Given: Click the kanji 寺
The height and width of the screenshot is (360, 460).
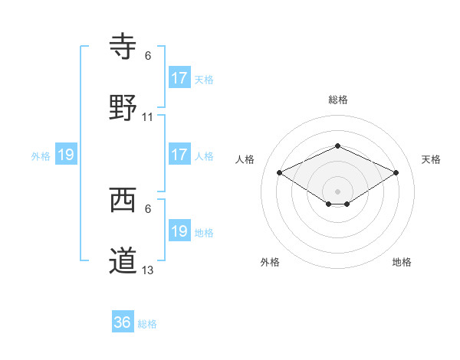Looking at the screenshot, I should pyautogui.click(x=123, y=47).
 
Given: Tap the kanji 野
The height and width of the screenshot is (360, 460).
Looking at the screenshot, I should pyautogui.click(x=123, y=107).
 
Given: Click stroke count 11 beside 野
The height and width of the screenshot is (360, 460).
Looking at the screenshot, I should pyautogui.click(x=148, y=117).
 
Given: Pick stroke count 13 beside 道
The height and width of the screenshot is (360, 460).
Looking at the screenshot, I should pyautogui.click(x=148, y=270).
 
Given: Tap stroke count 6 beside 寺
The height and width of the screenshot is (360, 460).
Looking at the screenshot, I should pyautogui.click(x=148, y=56).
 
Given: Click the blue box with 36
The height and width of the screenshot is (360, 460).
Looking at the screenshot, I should pyautogui.click(x=123, y=322).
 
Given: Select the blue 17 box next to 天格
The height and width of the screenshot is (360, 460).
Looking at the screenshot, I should pyautogui.click(x=179, y=78).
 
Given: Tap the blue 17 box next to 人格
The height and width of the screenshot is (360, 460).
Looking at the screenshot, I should pyautogui.click(x=179, y=155).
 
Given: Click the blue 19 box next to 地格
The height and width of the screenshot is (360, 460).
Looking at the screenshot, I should pyautogui.click(x=179, y=231).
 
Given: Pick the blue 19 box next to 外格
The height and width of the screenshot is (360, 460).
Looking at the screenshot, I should pyautogui.click(x=66, y=155).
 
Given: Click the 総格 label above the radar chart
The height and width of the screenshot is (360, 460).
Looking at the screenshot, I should pyautogui.click(x=337, y=100).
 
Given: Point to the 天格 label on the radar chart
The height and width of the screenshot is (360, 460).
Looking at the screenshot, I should pyautogui.click(x=431, y=159).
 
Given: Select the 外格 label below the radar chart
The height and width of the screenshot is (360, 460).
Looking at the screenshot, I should pyautogui.click(x=270, y=262).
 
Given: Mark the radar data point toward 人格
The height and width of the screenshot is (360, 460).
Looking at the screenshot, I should pyautogui.click(x=280, y=172).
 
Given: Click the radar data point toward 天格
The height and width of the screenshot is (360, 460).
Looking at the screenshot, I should pyautogui.click(x=396, y=172).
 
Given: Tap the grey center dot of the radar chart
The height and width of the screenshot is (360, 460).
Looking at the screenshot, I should pyautogui.click(x=337, y=191).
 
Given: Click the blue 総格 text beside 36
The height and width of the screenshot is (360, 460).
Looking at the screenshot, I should pyautogui.click(x=147, y=324).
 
